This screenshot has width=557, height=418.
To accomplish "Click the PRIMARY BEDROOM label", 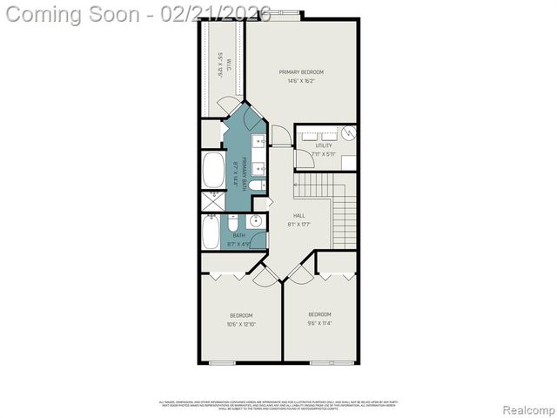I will (301, 71).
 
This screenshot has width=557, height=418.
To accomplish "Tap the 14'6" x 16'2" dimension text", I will (301, 80).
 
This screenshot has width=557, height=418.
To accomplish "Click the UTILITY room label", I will (323, 145).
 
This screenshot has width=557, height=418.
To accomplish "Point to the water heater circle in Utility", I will (347, 133).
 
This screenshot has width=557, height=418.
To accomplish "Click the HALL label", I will (299, 215).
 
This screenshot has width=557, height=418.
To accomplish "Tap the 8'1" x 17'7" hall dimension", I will (299, 225).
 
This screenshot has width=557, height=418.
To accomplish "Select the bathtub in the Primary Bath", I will (212, 171).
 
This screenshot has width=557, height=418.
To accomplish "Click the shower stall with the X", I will (212, 201).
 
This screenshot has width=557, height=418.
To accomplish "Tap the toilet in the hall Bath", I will (234, 224).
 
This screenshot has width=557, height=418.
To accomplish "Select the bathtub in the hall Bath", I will (211, 232).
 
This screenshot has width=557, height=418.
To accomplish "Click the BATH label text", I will (238, 235).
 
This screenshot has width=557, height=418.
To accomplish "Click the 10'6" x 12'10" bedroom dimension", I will (241, 324).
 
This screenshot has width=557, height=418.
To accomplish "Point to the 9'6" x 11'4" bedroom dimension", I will (319, 322).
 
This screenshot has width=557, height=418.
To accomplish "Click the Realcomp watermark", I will (525, 408).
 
